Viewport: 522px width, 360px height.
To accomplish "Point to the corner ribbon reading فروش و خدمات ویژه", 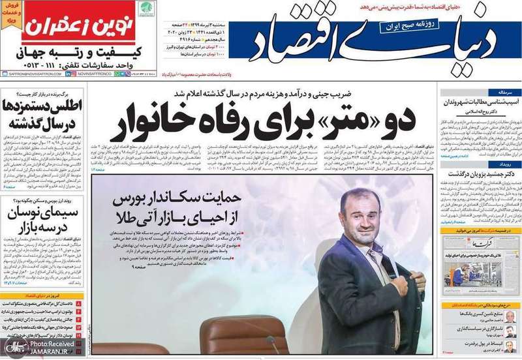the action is click(11, 12).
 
